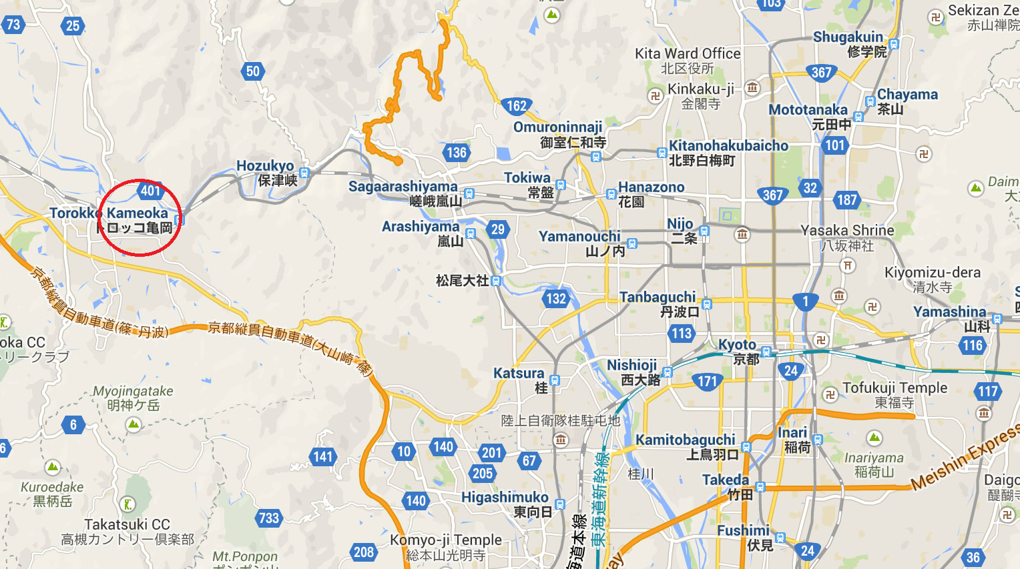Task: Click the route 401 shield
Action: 150,191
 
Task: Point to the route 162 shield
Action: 516,105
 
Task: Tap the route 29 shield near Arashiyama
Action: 498,229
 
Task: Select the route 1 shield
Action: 805,302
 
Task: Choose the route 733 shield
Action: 268,518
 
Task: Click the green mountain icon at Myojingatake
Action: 134,424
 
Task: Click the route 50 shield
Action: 252,71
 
